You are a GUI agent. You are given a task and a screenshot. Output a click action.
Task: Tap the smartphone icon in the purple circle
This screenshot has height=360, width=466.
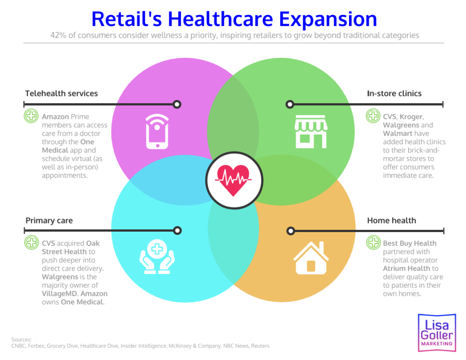(157, 132)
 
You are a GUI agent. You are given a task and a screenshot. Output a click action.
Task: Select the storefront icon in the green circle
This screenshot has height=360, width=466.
(310, 132)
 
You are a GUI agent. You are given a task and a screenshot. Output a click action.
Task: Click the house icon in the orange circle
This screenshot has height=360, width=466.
(310, 258)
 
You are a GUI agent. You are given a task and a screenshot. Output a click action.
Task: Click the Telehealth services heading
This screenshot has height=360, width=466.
(61, 93)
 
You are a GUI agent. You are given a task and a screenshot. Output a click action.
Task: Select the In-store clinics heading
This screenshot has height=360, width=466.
(394, 93)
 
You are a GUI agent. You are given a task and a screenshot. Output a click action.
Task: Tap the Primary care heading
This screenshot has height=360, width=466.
(49, 221)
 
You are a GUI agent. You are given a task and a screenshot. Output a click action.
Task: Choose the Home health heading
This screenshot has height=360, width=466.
(391, 221)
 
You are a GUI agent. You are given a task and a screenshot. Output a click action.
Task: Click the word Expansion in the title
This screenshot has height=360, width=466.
(328, 19)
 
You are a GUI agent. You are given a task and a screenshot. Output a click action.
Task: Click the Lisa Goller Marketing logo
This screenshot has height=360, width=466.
(436, 332)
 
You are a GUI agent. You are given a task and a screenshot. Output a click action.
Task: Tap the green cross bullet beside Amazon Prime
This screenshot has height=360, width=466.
(31, 116)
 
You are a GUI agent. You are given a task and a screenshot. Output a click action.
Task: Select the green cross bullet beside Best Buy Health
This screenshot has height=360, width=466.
(374, 243)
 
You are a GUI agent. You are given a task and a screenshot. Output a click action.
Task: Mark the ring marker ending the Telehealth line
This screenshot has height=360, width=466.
(177, 104)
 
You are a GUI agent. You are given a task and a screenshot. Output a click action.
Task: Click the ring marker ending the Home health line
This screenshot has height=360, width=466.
(290, 231)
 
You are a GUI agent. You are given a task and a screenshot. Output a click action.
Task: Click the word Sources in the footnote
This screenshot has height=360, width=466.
(21, 340)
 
